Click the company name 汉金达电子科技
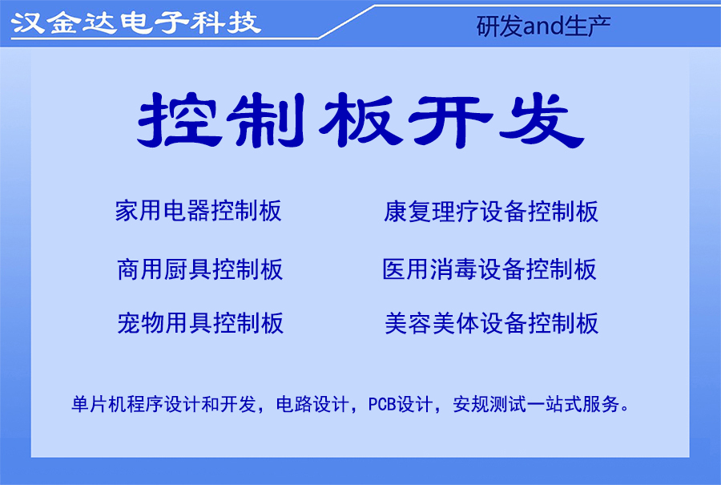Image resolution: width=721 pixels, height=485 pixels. [x=135, y=22]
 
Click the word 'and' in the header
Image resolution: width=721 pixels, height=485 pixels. [x=543, y=26]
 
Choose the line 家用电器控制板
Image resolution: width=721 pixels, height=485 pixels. [x=199, y=211]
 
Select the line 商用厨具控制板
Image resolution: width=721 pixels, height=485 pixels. [x=199, y=269]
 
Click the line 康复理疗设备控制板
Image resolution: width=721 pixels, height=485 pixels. [x=491, y=212]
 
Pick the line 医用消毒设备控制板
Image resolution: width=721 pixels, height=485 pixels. [x=489, y=269]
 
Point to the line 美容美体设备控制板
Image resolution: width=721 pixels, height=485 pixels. [x=491, y=323]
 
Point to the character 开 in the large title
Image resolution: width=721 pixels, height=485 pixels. [x=446, y=121]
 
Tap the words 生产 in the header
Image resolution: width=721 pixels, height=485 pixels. [x=592, y=26]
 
